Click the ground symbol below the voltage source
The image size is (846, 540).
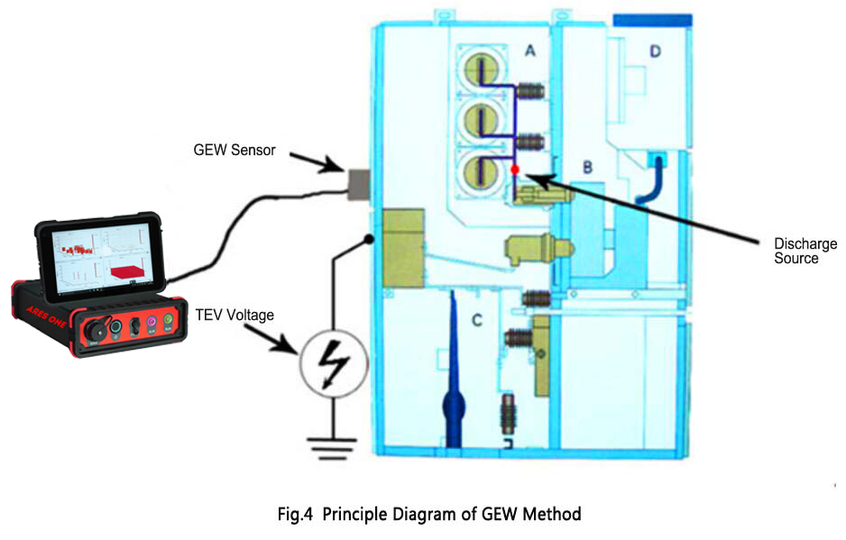coord(332,444)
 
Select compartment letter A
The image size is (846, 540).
coord(531,53)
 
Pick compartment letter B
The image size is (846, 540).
coord(587,167)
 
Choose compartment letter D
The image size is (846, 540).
coord(655,52)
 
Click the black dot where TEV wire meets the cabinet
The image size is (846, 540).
coord(368,239)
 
